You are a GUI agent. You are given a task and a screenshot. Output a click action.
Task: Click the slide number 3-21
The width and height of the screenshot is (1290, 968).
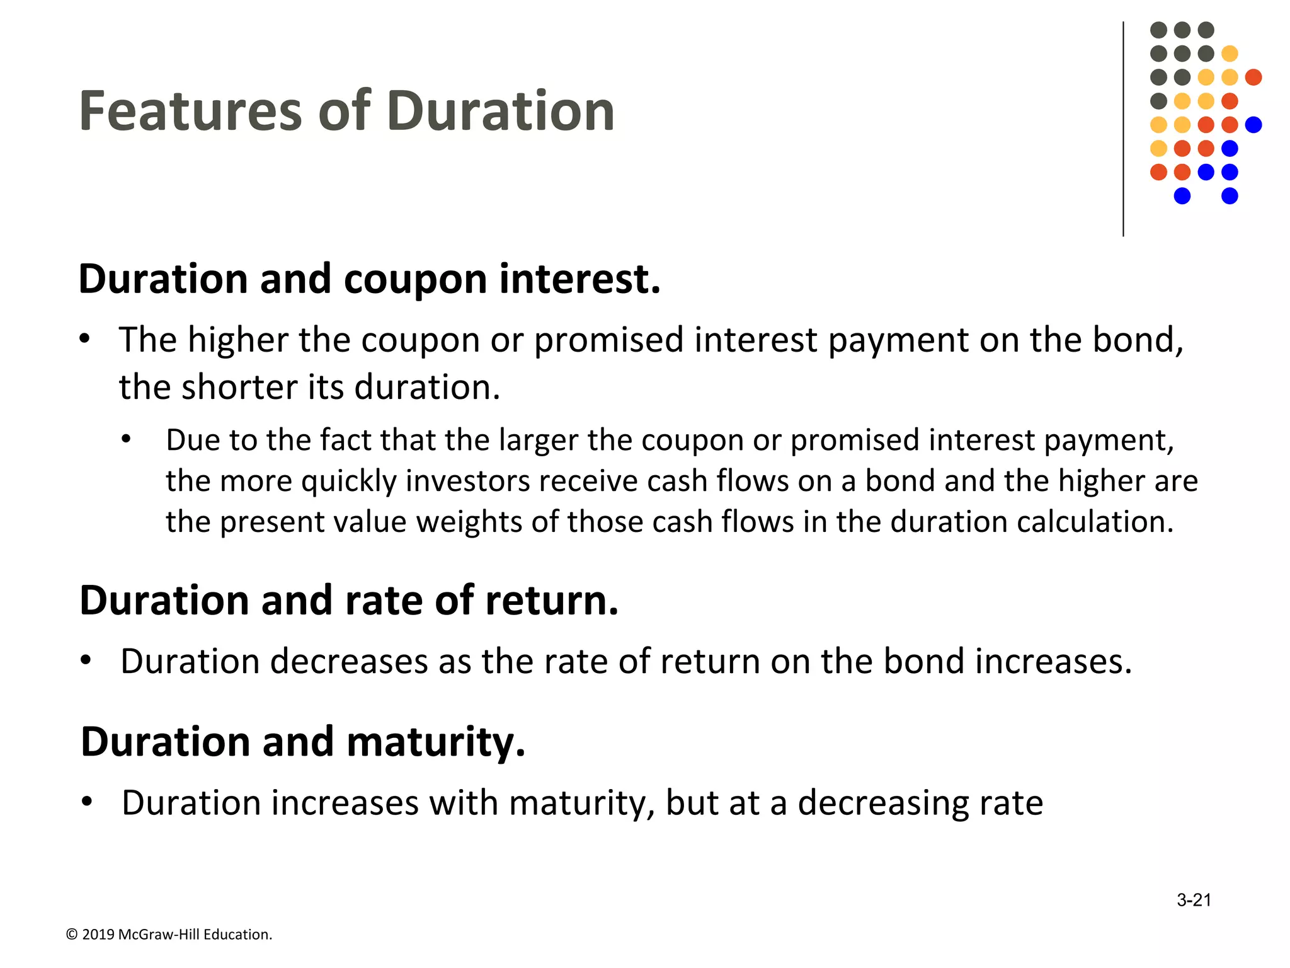1194,900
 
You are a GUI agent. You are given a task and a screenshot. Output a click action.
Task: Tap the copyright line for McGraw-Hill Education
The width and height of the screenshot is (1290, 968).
169,935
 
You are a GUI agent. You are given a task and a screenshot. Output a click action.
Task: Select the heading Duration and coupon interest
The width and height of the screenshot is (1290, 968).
370,279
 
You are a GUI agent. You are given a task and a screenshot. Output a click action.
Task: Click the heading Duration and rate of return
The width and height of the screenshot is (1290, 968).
349,600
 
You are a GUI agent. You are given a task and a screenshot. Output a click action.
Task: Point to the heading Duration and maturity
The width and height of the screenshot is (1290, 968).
303,741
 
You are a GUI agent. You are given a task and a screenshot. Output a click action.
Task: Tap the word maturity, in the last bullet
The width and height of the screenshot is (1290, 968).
582,804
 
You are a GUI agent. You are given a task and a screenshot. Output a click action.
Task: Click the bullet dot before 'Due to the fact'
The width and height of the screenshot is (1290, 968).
127,440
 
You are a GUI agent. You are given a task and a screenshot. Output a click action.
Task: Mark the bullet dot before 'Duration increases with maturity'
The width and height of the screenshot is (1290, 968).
87,802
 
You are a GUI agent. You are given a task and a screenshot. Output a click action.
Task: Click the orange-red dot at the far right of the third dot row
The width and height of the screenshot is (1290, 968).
1253,78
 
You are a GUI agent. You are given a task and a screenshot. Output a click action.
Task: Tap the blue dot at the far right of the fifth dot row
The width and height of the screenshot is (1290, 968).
1253,125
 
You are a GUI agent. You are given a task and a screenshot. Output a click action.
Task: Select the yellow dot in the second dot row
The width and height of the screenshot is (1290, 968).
1230,54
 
